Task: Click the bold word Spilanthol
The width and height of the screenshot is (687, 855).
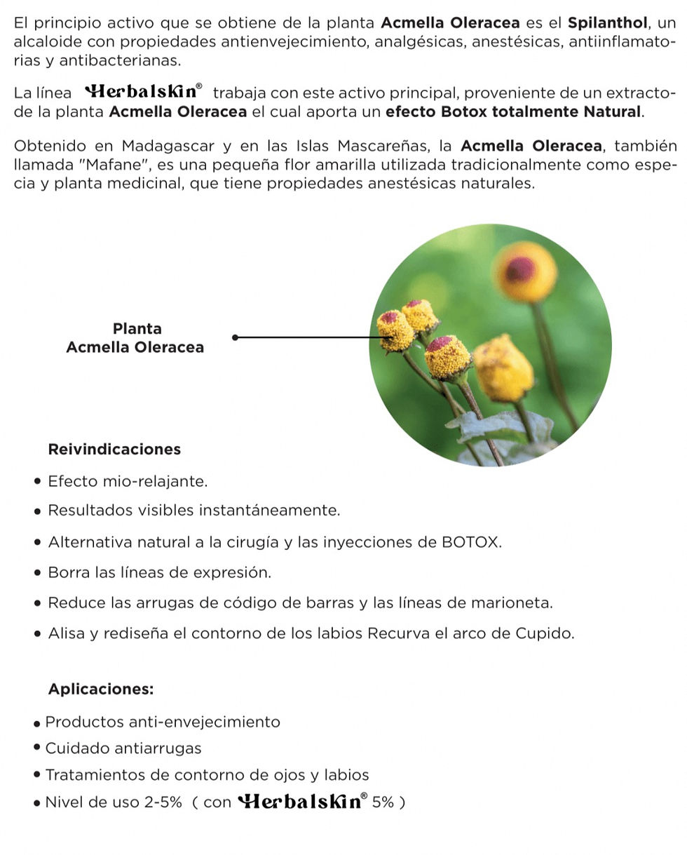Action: pos(607,23)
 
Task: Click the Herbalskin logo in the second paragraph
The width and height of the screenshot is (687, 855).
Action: pos(144,92)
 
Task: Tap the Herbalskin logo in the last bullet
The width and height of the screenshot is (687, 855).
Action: pos(302,802)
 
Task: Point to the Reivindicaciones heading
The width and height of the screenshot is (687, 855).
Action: pos(114,449)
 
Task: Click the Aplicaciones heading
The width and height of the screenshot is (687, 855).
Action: pos(100,689)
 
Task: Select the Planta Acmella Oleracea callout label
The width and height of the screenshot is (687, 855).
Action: pos(135,338)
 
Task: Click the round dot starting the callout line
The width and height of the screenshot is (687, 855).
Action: pos(235,337)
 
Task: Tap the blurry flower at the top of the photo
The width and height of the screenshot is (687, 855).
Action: pos(524,271)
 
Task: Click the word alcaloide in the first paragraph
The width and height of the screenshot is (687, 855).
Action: pos(46,41)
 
